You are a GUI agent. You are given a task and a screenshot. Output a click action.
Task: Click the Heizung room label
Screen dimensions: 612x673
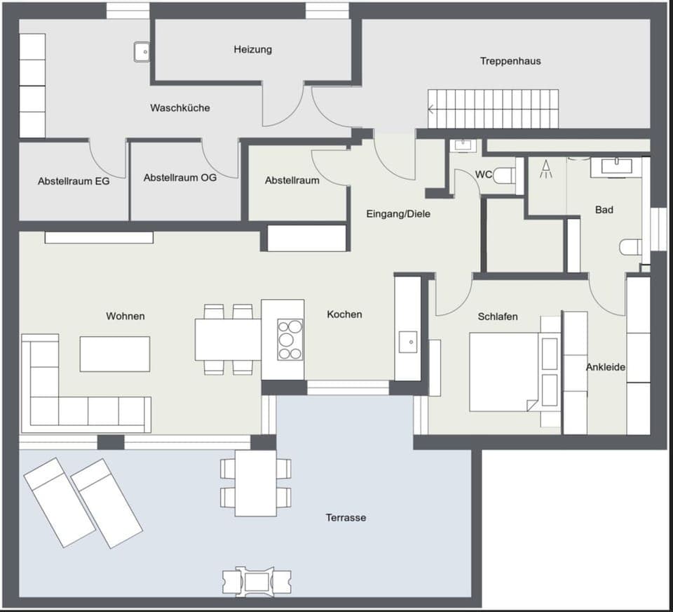[252, 50]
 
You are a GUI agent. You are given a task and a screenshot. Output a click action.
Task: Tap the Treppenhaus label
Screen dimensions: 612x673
[510, 61]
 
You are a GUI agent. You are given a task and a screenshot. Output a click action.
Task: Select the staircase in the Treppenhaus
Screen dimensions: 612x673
[494, 109]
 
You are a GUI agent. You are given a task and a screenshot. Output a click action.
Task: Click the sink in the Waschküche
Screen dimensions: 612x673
[142, 51]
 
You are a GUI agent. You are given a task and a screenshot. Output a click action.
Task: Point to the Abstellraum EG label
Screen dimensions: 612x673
[74, 181]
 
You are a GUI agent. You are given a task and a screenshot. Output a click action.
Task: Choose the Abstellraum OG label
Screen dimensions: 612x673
[180, 178]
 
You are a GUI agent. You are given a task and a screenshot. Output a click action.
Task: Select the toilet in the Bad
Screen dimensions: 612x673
[629, 247]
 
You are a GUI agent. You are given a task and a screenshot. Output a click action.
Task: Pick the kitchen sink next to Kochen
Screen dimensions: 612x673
[408, 342]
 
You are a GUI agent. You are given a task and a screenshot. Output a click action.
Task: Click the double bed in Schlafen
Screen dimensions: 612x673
[504, 371]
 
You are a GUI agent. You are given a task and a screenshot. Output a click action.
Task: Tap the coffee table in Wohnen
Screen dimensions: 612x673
[114, 354]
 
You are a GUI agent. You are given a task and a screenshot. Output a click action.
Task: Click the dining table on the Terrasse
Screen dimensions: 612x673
[255, 483]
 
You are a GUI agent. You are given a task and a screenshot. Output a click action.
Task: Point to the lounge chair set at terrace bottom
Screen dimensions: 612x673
[256, 581]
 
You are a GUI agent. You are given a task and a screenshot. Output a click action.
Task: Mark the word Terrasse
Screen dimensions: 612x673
[346, 517]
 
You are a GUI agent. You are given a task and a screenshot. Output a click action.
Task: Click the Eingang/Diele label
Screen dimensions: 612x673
[398, 214]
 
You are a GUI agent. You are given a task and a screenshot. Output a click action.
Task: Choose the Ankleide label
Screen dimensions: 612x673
[606, 367]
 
